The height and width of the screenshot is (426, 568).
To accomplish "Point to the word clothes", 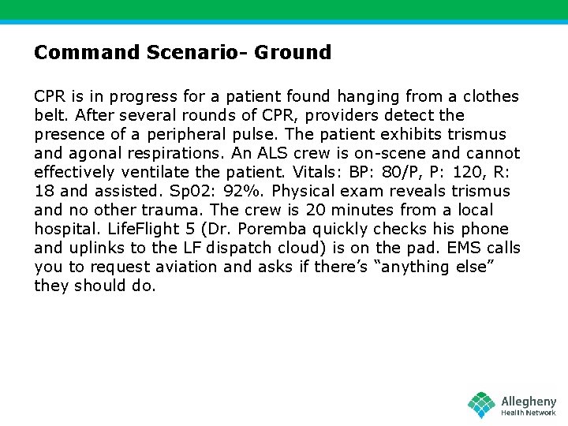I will point(490,96).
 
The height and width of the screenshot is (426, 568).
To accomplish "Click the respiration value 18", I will point(44,191).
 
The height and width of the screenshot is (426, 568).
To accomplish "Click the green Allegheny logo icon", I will point(481,405).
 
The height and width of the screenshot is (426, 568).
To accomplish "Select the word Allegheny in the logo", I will point(529,402).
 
